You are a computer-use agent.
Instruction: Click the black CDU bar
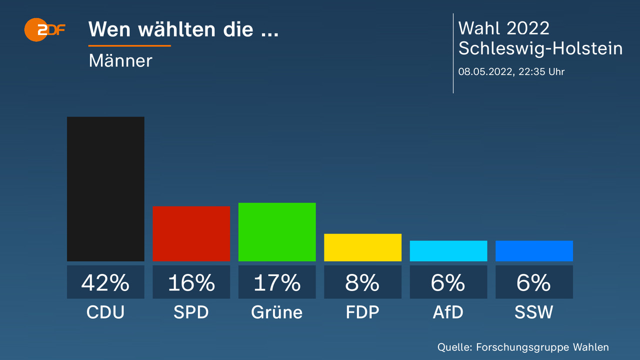coord(105,189)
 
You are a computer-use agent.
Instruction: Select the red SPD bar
coord(191,233)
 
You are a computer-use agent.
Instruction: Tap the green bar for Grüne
coord(277,232)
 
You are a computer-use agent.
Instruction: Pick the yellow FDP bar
coord(362,247)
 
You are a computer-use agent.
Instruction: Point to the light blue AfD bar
coord(448,251)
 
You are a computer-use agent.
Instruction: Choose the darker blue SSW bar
coord(534,251)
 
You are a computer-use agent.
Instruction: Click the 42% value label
coord(105,282)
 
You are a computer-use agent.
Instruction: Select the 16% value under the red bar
coord(191,282)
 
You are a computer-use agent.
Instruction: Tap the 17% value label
coord(277,282)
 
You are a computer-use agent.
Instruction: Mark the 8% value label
coord(362,282)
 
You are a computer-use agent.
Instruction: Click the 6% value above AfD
coord(448,282)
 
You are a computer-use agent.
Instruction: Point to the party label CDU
coord(105,312)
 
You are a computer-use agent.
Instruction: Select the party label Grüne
coord(277,312)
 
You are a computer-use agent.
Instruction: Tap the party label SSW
coord(534,312)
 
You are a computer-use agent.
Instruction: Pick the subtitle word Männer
coord(120,60)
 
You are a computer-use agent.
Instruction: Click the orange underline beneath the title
coord(129,45)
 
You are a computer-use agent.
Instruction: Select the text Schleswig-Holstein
coord(540,48)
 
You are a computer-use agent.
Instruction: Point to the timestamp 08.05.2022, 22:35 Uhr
coord(511,71)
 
